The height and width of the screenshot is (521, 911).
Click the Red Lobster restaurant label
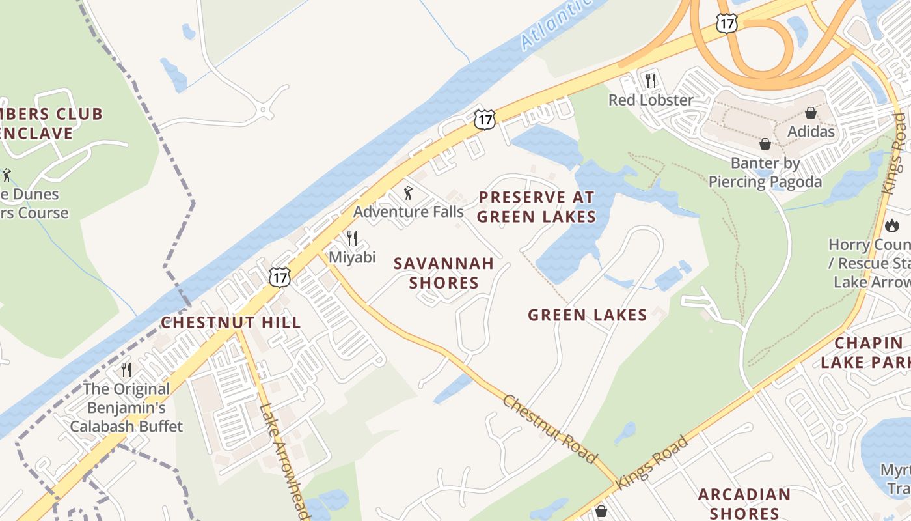(651, 100)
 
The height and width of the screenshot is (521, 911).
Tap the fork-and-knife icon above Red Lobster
(650, 80)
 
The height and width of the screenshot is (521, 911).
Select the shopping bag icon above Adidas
(810, 113)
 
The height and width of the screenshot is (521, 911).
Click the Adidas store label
(811, 132)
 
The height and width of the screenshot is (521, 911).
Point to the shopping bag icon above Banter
(765, 143)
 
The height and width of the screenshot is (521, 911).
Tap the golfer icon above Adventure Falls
(408, 193)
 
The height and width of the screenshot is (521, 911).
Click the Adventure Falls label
(408, 212)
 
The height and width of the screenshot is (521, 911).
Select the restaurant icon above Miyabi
(352, 238)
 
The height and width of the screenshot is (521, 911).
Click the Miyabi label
(352, 257)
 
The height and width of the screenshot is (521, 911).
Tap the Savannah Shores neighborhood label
(444, 273)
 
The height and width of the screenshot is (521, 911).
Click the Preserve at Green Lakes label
(537, 206)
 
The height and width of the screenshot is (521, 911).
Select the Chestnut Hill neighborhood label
(231, 322)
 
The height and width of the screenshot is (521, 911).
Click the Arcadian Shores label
(744, 503)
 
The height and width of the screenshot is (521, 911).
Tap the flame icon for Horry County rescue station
(892, 225)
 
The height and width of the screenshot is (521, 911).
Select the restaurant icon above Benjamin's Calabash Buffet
(126, 370)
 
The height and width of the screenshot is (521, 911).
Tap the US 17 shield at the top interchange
(726, 22)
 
